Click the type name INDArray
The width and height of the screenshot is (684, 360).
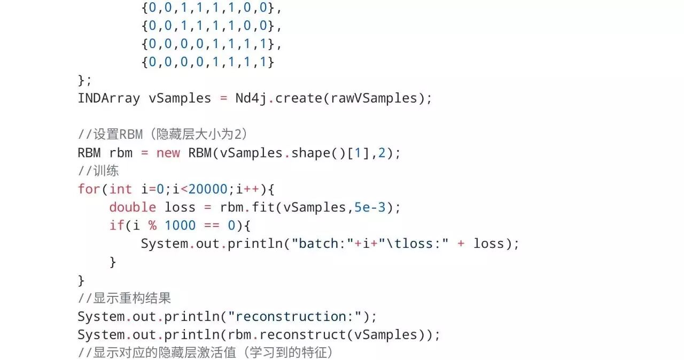108,98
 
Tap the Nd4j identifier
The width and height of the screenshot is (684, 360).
251,98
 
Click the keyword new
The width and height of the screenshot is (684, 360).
168,153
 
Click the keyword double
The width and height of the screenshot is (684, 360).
133,207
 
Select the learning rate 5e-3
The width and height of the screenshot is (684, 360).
370,207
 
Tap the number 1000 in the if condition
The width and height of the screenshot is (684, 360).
180,225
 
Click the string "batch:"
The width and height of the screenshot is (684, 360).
326,244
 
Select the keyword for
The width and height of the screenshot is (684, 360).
89,189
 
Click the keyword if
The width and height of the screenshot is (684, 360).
116,225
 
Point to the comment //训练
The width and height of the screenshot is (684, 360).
98,171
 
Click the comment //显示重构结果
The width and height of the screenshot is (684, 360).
125,298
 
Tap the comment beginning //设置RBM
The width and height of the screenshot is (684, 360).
162,135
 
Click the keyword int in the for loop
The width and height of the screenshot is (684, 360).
120,189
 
